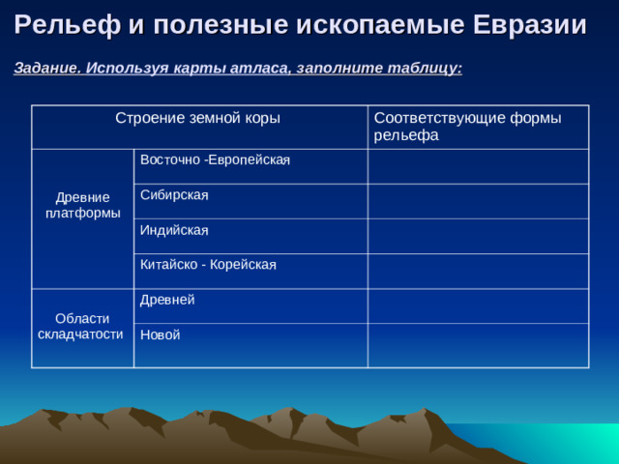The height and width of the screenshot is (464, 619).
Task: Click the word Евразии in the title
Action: (x=529, y=25)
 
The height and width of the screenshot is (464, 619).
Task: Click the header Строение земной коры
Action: (x=197, y=119)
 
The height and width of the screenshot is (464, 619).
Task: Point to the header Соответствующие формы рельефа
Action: (x=466, y=127)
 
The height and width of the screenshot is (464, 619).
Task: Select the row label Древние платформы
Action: (x=82, y=205)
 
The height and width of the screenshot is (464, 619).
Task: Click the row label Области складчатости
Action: (x=82, y=327)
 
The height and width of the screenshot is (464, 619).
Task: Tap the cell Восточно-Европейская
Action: (x=215, y=159)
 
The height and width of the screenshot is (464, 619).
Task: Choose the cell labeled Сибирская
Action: (x=174, y=195)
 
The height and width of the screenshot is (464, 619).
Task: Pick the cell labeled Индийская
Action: (x=174, y=230)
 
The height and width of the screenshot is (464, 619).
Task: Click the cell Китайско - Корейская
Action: (x=208, y=265)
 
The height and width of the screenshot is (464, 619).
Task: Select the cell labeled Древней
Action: (x=167, y=301)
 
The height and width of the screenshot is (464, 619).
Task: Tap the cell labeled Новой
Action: (x=160, y=335)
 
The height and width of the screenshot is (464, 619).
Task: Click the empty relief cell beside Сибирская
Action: (x=478, y=201)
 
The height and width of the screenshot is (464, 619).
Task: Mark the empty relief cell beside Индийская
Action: (x=478, y=236)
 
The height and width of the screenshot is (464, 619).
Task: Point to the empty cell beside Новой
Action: (x=478, y=345)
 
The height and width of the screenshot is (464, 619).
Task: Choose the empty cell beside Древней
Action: (x=478, y=305)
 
